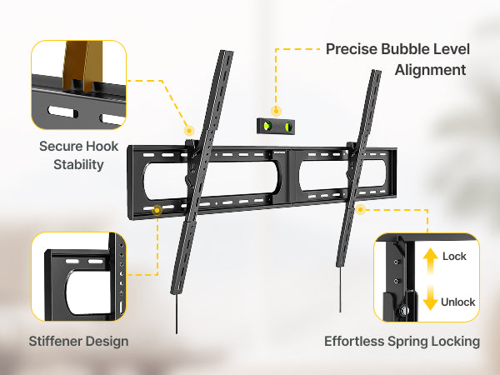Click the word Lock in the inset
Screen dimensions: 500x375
(x=454, y=257)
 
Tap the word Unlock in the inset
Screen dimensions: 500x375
(x=457, y=302)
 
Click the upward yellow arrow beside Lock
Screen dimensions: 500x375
(x=431, y=261)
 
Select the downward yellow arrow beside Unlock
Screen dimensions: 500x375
(x=431, y=297)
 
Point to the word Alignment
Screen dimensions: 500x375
(x=431, y=70)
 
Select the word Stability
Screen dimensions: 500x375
(x=79, y=165)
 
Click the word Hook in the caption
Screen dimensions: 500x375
(x=102, y=147)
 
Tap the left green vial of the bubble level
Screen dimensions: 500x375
(x=267, y=126)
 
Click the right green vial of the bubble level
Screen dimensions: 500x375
(x=287, y=127)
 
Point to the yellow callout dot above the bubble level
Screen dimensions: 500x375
(x=276, y=111)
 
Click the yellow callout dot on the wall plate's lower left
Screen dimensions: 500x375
(x=157, y=211)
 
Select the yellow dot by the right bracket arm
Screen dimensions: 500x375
(x=360, y=209)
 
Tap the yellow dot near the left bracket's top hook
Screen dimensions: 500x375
(x=189, y=131)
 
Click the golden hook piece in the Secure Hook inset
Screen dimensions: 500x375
(x=82, y=65)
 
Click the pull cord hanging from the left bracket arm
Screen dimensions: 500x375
(x=177, y=314)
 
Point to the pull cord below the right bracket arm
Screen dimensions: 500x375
(x=340, y=289)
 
